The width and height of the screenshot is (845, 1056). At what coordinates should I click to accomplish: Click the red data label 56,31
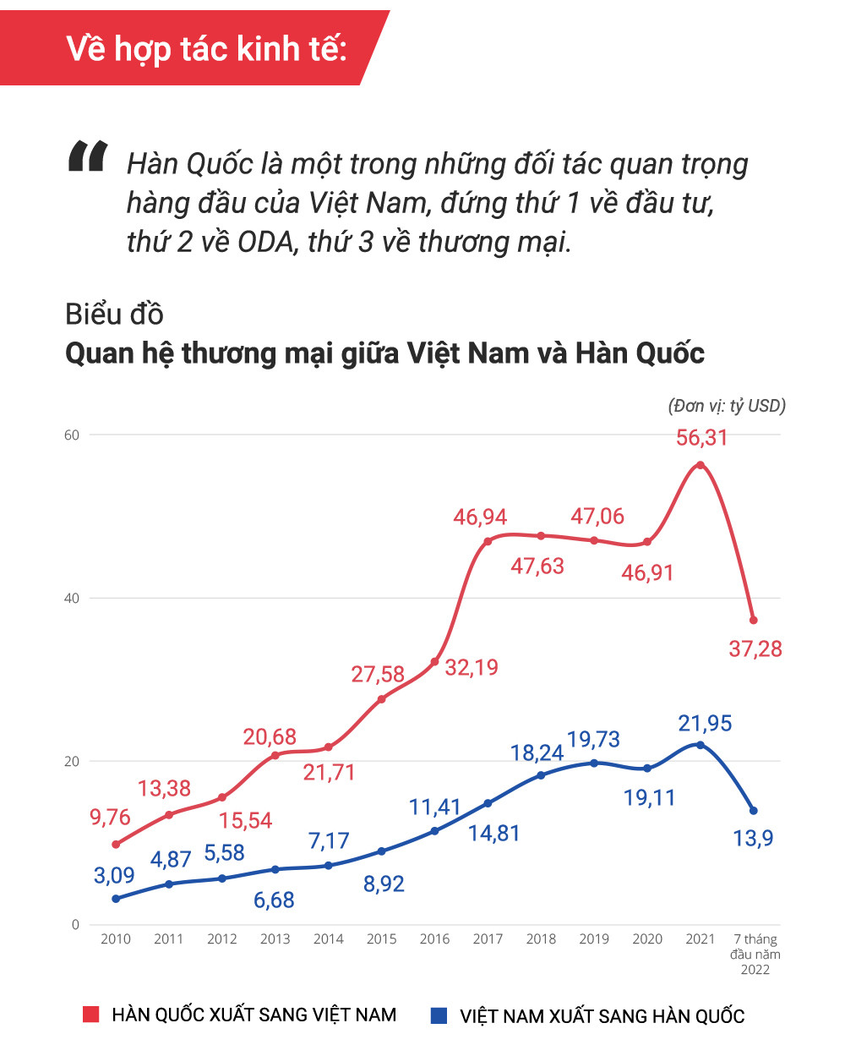pyautogui.click(x=701, y=438)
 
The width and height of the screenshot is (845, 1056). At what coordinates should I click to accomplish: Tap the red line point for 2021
pyautogui.click(x=700, y=465)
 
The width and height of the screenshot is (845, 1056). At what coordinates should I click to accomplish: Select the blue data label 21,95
pyautogui.click(x=705, y=724)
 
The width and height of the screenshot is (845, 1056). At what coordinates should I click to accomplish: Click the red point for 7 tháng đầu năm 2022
pyautogui.click(x=753, y=621)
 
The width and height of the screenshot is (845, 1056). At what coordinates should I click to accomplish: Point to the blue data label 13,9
pyautogui.click(x=753, y=839)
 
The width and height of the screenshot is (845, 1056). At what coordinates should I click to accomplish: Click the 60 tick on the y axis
pyautogui.click(x=72, y=435)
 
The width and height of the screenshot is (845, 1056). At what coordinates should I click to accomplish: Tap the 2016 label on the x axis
pyautogui.click(x=434, y=939)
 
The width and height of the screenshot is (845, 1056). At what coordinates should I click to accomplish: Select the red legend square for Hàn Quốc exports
pyautogui.click(x=90, y=1015)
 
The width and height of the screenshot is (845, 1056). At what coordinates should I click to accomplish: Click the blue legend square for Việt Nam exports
pyautogui.click(x=439, y=1015)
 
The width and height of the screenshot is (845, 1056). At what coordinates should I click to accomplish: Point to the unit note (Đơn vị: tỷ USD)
pyautogui.click(x=727, y=406)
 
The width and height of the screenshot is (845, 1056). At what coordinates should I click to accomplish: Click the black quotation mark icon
pyautogui.click(x=88, y=157)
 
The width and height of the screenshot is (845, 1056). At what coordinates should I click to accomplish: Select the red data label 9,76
pyautogui.click(x=110, y=818)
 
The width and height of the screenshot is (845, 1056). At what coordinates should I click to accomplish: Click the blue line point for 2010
pyautogui.click(x=116, y=899)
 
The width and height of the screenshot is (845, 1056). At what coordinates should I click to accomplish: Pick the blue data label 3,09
pyautogui.click(x=114, y=875)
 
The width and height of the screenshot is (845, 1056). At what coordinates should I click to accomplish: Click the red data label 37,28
pyautogui.click(x=755, y=649)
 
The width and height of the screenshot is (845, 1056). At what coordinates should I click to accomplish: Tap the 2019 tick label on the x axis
pyautogui.click(x=594, y=939)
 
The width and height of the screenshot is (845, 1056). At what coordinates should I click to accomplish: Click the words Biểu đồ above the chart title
pyautogui.click(x=114, y=315)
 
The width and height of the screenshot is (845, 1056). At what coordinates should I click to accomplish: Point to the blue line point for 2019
pyautogui.click(x=594, y=763)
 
